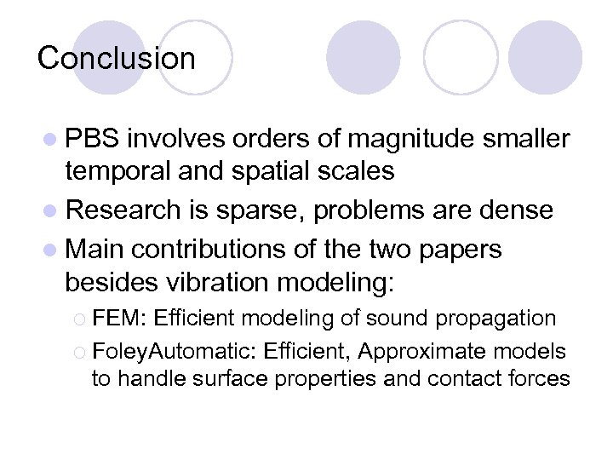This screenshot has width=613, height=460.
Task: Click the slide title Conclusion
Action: (117, 58)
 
